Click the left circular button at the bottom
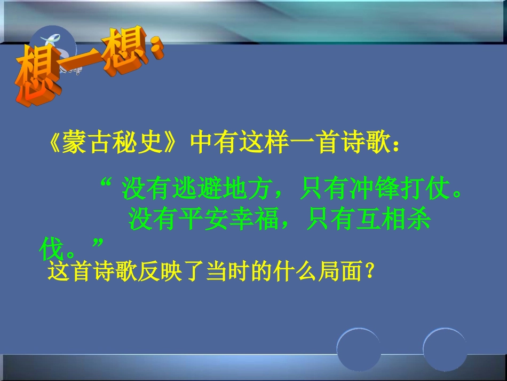(359, 348)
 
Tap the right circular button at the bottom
(445, 348)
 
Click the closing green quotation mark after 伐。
(97, 244)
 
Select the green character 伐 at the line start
(52, 248)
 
